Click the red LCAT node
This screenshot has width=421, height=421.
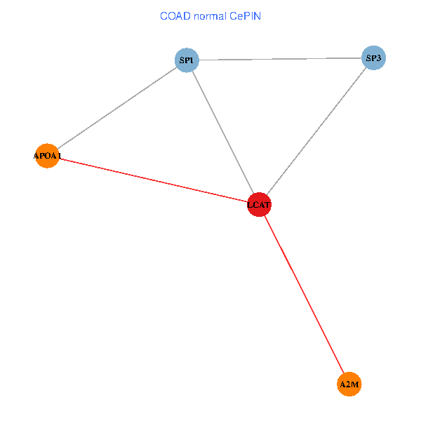tap(259, 204)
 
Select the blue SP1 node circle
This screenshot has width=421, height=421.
tap(187, 60)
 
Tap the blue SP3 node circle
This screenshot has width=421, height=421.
tap(373, 58)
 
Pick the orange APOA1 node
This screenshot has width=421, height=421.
tap(46, 156)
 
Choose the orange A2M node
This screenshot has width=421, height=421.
tap(349, 385)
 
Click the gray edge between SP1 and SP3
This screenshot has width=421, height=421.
tap(280, 59)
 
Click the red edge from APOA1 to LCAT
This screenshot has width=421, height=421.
tap(152, 180)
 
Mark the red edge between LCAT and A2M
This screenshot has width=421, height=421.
tap(304, 294)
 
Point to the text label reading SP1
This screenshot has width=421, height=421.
tap(187, 61)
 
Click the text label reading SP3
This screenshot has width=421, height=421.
tap(373, 58)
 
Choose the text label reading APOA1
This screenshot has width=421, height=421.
tap(48, 156)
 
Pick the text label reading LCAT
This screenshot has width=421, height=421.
tap(259, 205)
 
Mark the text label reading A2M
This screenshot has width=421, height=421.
tap(349, 385)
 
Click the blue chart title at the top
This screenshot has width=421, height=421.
tap(210, 15)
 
